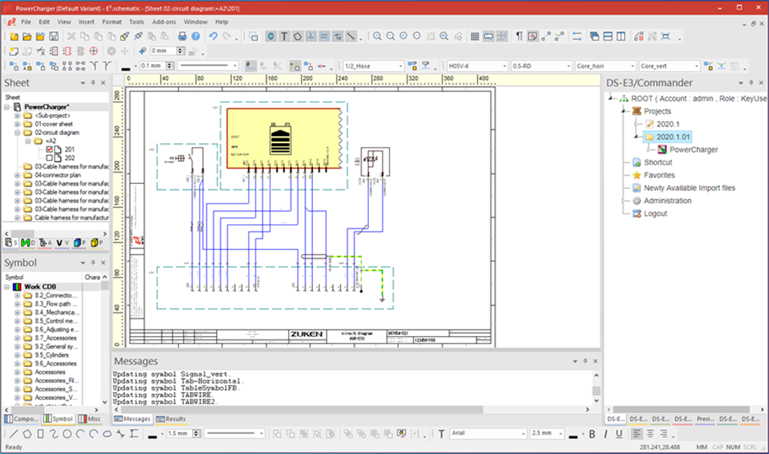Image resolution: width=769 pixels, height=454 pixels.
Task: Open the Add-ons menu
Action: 164,22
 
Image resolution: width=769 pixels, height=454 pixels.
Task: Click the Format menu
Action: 111,22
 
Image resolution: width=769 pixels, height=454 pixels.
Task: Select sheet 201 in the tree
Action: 69,149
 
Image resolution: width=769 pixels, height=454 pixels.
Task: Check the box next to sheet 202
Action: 50,157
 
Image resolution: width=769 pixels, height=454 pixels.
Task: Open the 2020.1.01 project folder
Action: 673,137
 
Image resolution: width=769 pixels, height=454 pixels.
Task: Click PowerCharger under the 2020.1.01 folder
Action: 693,150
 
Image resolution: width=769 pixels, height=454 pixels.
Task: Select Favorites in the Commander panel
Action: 659,175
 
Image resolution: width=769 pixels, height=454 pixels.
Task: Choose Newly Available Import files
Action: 689,188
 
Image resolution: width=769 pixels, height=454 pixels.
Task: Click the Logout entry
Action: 655,213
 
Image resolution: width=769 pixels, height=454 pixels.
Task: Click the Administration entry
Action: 667,201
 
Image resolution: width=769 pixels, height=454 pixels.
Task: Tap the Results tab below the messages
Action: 174,418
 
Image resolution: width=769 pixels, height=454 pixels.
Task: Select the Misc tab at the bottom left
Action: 92,418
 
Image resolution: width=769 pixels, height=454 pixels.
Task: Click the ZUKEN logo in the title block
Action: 306,334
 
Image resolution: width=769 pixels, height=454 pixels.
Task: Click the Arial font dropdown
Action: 487,434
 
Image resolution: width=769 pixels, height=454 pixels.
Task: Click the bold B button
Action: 592,434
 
